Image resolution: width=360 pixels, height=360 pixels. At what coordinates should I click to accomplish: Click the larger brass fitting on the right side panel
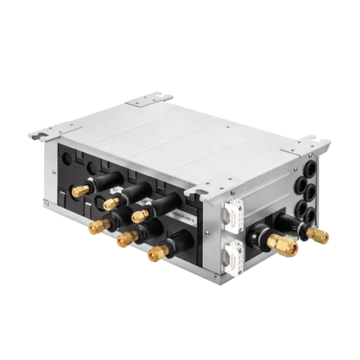coord(283,243)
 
